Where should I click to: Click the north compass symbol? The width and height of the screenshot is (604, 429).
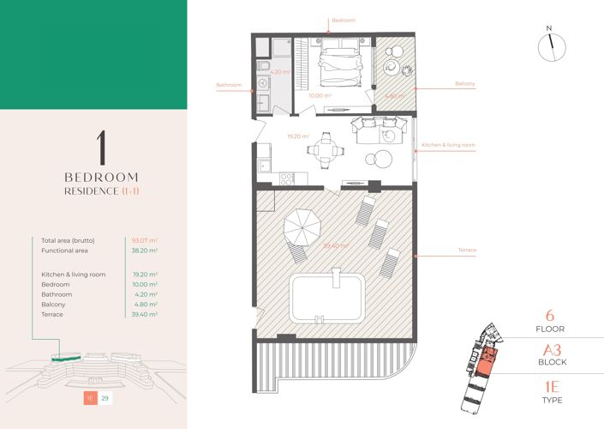[x=549, y=47]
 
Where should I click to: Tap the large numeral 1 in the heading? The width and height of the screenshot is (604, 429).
[x=102, y=149]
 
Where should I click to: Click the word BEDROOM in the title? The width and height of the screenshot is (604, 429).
[x=102, y=177]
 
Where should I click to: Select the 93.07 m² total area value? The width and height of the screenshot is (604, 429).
[x=145, y=240]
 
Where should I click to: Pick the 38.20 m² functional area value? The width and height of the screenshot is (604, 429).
[x=145, y=251]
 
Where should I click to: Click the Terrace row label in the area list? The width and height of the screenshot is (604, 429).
[x=53, y=315]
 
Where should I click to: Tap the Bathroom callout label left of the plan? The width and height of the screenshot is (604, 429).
[x=229, y=85]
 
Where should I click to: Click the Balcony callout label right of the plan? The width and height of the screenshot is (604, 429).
[x=465, y=84]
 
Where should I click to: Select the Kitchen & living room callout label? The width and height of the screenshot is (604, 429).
[x=448, y=146]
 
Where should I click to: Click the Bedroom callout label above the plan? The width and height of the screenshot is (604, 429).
[x=343, y=19]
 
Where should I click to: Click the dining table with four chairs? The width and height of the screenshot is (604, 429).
[x=324, y=150]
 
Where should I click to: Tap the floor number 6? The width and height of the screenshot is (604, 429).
[x=549, y=315]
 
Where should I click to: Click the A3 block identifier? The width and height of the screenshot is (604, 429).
[x=549, y=349]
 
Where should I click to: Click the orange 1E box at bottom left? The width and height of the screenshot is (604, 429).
[x=89, y=398]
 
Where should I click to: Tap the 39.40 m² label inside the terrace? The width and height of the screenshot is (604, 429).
[x=335, y=245]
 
